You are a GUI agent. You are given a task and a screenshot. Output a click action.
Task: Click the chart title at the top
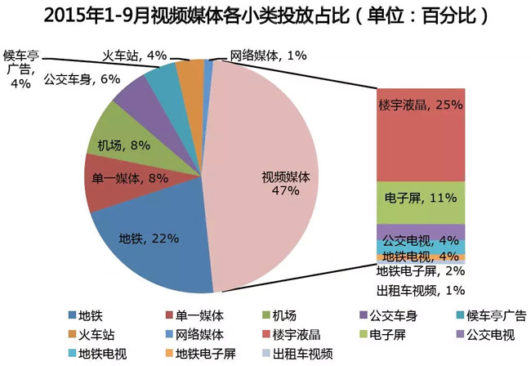click(265, 16)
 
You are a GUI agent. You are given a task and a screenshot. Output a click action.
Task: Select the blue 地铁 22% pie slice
click(151, 245)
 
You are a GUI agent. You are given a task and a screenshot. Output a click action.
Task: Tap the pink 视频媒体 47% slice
click(270, 180)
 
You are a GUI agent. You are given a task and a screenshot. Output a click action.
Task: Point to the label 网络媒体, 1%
click(267, 56)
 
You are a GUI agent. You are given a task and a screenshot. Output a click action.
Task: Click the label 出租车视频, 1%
click(420, 289)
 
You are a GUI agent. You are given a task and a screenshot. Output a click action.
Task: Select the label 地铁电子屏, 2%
click(420, 271)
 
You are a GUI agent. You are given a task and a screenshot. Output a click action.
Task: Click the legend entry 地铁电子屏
click(205, 354)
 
